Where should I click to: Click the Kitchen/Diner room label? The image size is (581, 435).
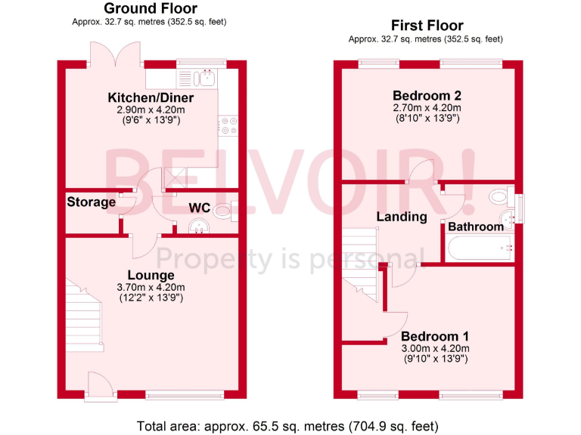point(151,98)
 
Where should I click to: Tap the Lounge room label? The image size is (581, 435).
point(151,276)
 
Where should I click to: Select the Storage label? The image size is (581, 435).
point(91,202)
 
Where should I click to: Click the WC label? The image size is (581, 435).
point(199,208)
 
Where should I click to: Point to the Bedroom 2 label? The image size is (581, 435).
point(427,96)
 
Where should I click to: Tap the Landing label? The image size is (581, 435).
point(402,217)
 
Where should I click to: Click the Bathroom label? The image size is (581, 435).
point(476,227)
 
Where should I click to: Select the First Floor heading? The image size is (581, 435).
point(426,26)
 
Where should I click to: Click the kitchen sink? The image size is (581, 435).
point(204,77)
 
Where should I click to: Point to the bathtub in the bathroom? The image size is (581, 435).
point(480,247)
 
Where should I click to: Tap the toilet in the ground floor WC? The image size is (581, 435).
point(223,211)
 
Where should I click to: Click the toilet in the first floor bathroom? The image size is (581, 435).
point(499,197)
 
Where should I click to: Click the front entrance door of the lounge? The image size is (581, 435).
point(99,385)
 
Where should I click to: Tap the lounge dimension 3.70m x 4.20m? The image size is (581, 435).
point(151,287)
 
